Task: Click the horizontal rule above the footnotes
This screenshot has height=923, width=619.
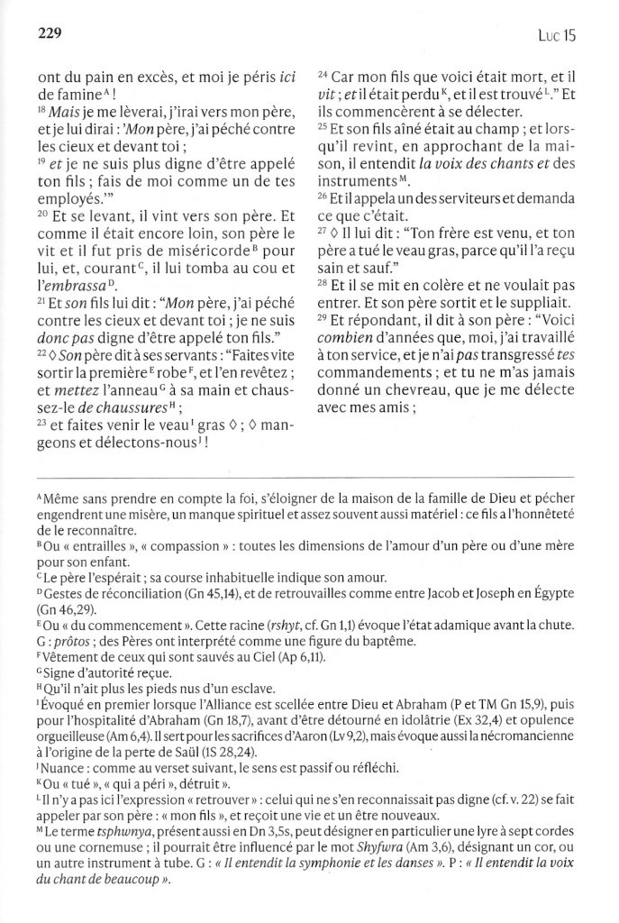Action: (x=309, y=475)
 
